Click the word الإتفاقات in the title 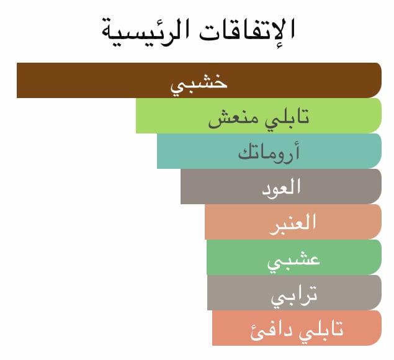click(247, 30)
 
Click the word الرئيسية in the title click(145, 32)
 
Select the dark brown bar click(199, 80)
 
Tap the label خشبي click(199, 84)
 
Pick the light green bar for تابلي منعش click(259, 115)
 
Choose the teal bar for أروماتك click(269, 151)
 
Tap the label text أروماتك click(269, 152)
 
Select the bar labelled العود click(281, 186)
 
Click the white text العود click(281, 188)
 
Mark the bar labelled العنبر click(293, 222)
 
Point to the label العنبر click(293, 224)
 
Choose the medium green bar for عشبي click(294, 257)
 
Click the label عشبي click(293, 262)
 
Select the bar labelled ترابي click(295, 292)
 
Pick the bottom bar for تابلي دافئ click(297, 328)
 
